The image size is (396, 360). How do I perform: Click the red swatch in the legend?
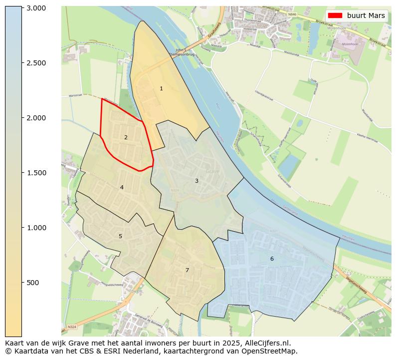tap(335, 15)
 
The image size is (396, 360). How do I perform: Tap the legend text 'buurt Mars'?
tap(366, 15)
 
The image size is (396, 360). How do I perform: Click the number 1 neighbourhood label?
tap(161, 88)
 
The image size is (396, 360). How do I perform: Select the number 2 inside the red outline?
tap(126, 137)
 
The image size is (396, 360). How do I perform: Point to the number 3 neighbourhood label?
tap(197, 181)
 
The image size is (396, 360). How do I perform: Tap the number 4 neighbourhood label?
tap(122, 187)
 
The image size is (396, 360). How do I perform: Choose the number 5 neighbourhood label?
tap(120, 236)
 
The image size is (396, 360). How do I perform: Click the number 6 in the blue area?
tap(272, 259)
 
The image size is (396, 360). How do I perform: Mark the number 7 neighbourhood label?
tap(187, 270)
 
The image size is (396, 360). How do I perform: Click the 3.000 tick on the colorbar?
tap(36, 8)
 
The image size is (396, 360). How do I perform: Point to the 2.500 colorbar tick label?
tap(36, 63)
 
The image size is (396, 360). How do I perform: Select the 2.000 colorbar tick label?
tap(36, 118)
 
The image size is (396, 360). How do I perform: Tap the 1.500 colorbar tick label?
tap(36, 173)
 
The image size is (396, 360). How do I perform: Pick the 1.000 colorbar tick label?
tap(36, 228)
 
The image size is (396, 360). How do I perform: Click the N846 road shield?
tap(292, 15)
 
